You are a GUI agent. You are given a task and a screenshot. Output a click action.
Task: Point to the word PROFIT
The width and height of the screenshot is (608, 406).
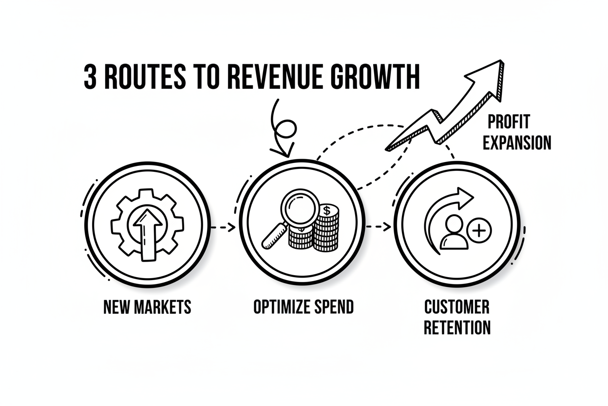pos(509,122)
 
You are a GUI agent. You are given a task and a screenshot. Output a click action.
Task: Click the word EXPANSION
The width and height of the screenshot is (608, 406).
pos(517,142)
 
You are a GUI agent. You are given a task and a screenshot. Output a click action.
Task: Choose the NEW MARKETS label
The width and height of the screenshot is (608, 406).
pos(148,307)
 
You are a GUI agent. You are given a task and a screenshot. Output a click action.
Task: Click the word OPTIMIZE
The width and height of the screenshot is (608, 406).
pos(282,307)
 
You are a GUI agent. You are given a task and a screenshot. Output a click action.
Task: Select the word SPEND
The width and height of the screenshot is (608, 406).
pos(334,307)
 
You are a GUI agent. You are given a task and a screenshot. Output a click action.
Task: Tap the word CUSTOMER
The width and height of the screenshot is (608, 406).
pos(457,307)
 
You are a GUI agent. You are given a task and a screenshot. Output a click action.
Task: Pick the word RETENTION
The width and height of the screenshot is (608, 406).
pos(457,327)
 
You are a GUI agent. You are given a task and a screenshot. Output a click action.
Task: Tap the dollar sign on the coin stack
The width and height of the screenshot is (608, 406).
pos(327,210)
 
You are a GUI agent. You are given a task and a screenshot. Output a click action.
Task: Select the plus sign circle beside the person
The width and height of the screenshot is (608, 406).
pos(479,231)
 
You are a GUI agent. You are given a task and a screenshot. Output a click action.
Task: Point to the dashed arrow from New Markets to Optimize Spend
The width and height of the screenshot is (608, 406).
pos(224,227)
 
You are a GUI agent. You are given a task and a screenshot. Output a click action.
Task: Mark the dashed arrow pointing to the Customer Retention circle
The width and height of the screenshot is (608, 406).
pos(379,226)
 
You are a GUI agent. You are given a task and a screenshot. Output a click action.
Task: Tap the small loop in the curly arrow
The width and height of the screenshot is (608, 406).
pos(285,129)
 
